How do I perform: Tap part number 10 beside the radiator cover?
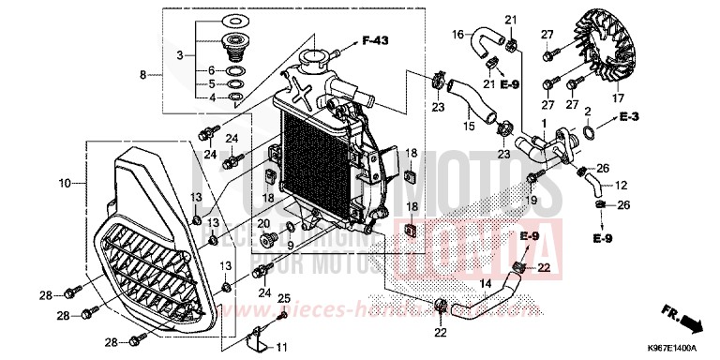[x=65, y=184]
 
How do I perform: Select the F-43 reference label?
[x=374, y=40]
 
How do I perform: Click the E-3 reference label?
[x=630, y=117]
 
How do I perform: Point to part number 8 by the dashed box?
[x=143, y=73]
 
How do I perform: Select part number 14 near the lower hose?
[x=486, y=282]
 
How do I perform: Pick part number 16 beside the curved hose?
[x=458, y=34]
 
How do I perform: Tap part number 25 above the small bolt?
[x=283, y=298]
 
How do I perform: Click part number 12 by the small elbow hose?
[x=621, y=186]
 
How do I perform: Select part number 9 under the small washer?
[x=291, y=247]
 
